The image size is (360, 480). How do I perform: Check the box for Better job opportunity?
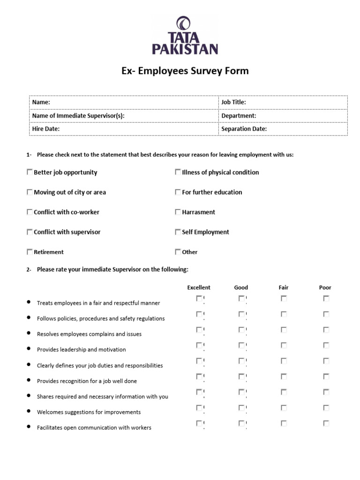click(x=30, y=172)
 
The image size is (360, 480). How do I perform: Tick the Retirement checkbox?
click(x=30, y=252)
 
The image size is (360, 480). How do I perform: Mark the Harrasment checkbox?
click(x=178, y=212)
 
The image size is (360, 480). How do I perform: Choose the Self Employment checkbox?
click(x=178, y=232)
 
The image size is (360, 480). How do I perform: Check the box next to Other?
click(x=178, y=252)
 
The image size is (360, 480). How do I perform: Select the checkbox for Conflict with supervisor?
click(x=30, y=232)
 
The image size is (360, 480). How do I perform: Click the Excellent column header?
click(x=199, y=287)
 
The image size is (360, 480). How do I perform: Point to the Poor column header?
click(x=325, y=287)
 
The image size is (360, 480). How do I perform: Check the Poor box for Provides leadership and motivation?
click(x=326, y=345)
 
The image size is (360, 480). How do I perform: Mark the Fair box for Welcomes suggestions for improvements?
click(x=284, y=408)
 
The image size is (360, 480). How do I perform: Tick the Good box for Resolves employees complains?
click(x=241, y=330)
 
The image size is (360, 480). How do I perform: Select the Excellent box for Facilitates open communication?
click(x=199, y=423)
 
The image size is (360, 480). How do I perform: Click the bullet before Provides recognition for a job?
click(x=29, y=380)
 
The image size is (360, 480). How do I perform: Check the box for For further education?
click(x=178, y=192)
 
